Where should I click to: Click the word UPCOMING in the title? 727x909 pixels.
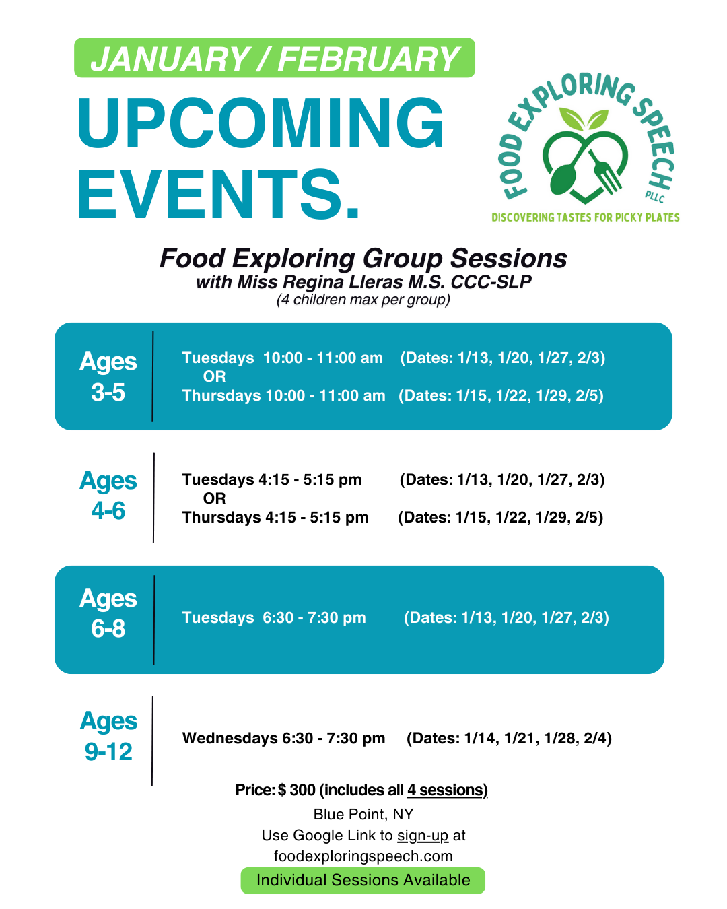click(261, 123)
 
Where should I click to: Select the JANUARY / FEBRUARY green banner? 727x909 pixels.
click(275, 58)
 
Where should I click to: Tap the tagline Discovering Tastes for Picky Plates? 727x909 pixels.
click(585, 217)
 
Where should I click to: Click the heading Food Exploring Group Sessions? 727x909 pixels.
click(363, 258)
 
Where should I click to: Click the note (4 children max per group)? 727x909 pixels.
click(363, 300)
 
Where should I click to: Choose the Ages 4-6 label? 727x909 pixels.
click(108, 496)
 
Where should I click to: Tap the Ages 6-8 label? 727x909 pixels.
click(108, 613)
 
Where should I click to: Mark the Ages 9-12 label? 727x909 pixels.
click(108, 736)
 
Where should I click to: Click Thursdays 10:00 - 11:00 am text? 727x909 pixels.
click(283, 396)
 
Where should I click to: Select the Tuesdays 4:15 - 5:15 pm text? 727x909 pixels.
click(272, 480)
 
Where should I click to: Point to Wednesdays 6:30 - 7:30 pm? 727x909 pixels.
click(283, 738)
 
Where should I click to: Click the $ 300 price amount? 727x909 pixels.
click(297, 790)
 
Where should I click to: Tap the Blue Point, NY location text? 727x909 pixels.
click(363, 814)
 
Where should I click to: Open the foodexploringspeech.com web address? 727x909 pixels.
click(363, 856)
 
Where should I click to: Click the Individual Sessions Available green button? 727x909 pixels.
click(363, 881)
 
